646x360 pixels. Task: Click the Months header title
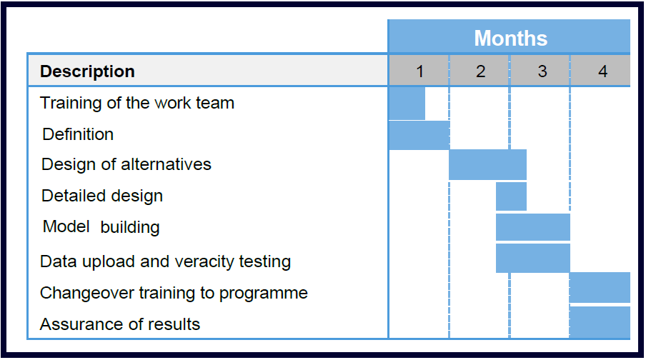click(510, 39)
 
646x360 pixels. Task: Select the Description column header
click(87, 71)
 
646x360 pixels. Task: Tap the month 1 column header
click(419, 71)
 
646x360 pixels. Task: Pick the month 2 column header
click(480, 71)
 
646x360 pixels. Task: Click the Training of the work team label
click(137, 103)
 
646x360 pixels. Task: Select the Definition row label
click(78, 134)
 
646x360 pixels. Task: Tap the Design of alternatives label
click(126, 165)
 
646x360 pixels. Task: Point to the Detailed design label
click(102, 196)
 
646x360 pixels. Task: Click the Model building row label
click(101, 227)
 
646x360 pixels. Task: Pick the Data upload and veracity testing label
click(166, 261)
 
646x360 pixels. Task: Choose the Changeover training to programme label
click(174, 294)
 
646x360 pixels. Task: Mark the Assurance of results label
click(120, 324)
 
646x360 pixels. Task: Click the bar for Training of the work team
click(407, 104)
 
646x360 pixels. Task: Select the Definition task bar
click(419, 135)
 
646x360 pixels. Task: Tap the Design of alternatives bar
click(488, 165)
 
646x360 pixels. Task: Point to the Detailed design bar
click(511, 196)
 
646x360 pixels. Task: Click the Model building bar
click(533, 227)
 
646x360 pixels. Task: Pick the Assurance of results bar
click(600, 322)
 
